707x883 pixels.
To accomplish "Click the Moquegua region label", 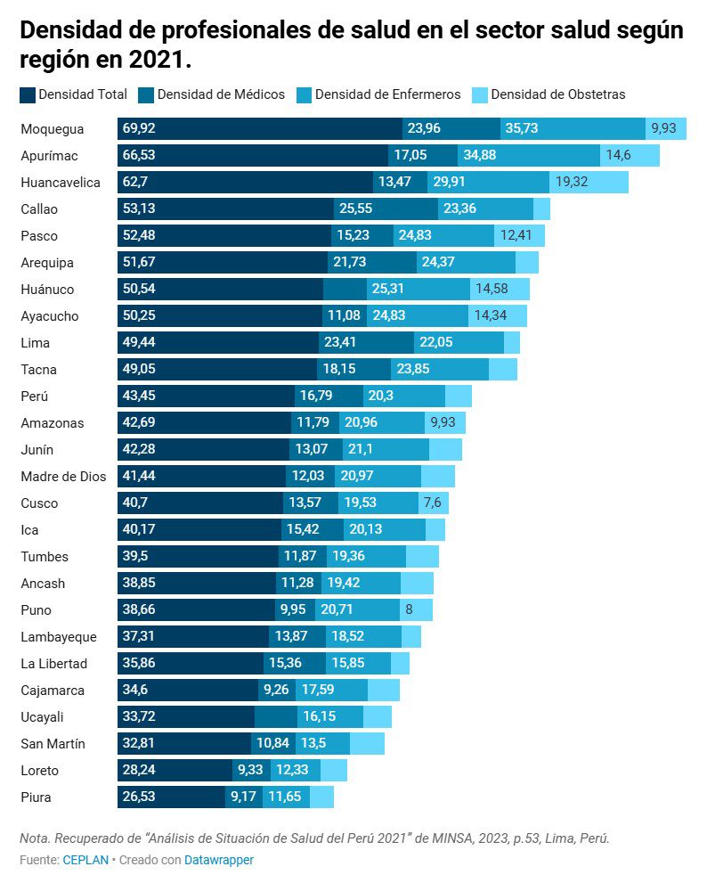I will [x=52, y=129].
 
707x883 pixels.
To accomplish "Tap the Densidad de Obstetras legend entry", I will [x=557, y=94].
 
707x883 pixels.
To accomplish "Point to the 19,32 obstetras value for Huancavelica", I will [x=574, y=183].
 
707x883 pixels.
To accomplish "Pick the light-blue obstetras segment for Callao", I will [x=541, y=209].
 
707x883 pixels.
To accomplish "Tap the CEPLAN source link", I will [x=85, y=860].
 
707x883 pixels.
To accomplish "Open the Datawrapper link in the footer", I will [x=219, y=860].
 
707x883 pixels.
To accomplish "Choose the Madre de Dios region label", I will [x=63, y=477].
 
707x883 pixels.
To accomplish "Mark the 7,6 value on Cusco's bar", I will [x=433, y=503].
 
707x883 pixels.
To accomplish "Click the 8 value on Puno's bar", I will [x=409, y=610].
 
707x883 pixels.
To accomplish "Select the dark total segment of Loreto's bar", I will [x=175, y=771].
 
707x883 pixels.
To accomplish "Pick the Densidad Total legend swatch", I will [x=28, y=94].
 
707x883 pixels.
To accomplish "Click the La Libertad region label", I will [x=54, y=664].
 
